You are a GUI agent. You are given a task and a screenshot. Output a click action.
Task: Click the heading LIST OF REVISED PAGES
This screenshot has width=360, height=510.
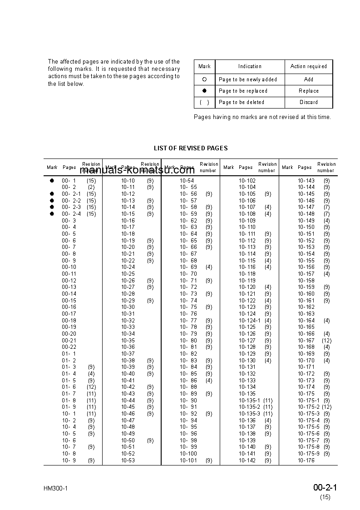pos(191,148)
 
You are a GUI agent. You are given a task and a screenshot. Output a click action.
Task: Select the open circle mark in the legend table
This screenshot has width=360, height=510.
pos(204,79)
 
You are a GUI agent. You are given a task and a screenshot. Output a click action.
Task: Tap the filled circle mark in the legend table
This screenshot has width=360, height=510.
pos(204,91)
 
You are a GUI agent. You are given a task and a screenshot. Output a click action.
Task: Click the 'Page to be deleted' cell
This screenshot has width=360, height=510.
pos(242,102)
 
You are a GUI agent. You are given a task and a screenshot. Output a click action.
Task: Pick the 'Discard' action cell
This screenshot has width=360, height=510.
pos(308,102)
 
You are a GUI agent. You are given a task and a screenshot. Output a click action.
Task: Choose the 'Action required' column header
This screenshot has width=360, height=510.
pos(308,66)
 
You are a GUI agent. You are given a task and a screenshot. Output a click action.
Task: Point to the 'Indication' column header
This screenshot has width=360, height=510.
pos(250,66)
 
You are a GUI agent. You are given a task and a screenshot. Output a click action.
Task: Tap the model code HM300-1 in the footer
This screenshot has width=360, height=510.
pos(56,489)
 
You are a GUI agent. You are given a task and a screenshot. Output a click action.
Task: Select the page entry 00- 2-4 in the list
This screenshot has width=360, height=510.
pos(71,214)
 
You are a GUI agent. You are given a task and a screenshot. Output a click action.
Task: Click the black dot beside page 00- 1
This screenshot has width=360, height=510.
pos(52,181)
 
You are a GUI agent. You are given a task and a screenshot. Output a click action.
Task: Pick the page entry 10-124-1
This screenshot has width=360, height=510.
pos(250,321)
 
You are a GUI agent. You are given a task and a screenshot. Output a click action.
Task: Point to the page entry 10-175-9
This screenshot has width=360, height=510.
pos(309,454)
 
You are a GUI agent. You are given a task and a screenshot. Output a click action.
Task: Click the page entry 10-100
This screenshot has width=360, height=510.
pos(188,454)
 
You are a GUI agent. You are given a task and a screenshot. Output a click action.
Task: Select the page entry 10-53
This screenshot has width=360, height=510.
pos(128,460)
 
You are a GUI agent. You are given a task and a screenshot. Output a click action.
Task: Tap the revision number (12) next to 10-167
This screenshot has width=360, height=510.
pos(326,341)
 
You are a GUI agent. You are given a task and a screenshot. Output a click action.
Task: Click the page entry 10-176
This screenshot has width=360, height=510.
pos(306,460)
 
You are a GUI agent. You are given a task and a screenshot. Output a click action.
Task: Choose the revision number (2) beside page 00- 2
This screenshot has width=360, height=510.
pos(91,187)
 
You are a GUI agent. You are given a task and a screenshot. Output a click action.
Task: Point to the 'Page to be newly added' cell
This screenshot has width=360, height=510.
pos(248,79)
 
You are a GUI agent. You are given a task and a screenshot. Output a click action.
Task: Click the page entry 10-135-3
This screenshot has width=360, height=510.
pos(250,414)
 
